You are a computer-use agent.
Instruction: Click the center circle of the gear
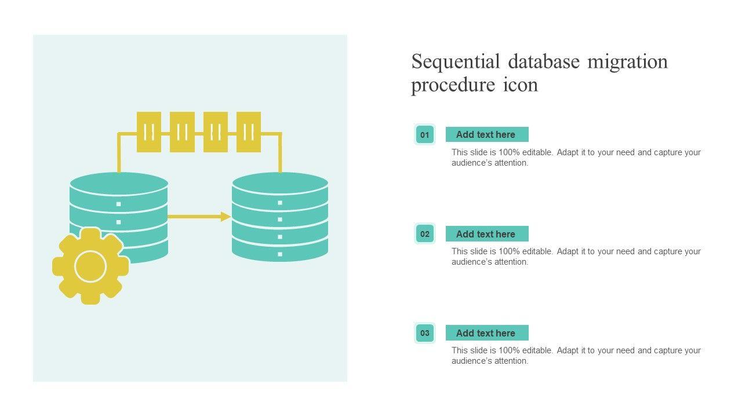90,266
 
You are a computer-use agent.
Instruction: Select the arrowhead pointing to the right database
225,217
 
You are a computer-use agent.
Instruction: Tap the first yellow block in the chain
149,132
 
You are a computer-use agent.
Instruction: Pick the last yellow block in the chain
249,132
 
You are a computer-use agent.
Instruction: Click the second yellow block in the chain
182,132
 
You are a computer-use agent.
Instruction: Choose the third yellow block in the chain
216,132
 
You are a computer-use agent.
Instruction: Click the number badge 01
425,135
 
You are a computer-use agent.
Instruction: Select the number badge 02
425,234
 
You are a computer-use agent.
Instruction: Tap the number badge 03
425,333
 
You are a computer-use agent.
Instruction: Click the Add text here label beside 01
486,134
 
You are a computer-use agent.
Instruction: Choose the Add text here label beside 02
486,234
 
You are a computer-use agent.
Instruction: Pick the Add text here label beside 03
486,333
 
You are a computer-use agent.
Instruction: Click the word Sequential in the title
456,61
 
